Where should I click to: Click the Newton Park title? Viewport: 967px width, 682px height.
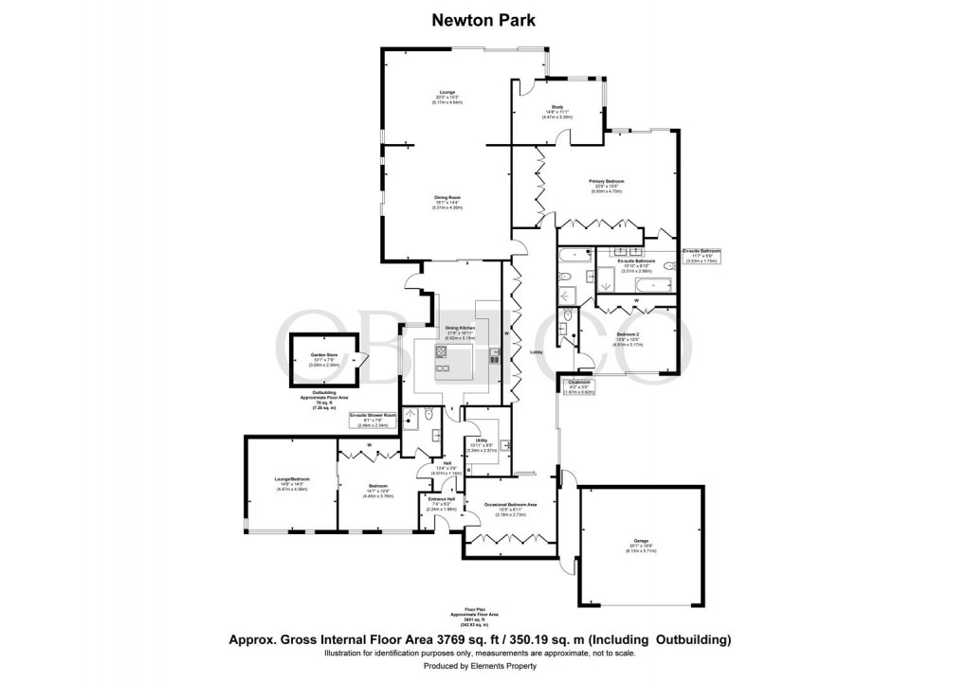[483, 18]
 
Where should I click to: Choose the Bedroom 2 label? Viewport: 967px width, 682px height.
[630, 335]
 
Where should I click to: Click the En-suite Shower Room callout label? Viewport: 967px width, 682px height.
[371, 416]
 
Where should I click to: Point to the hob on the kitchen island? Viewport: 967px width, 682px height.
[443, 353]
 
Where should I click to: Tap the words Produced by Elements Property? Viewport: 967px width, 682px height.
[483, 666]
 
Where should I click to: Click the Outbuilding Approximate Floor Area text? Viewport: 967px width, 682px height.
[324, 400]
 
